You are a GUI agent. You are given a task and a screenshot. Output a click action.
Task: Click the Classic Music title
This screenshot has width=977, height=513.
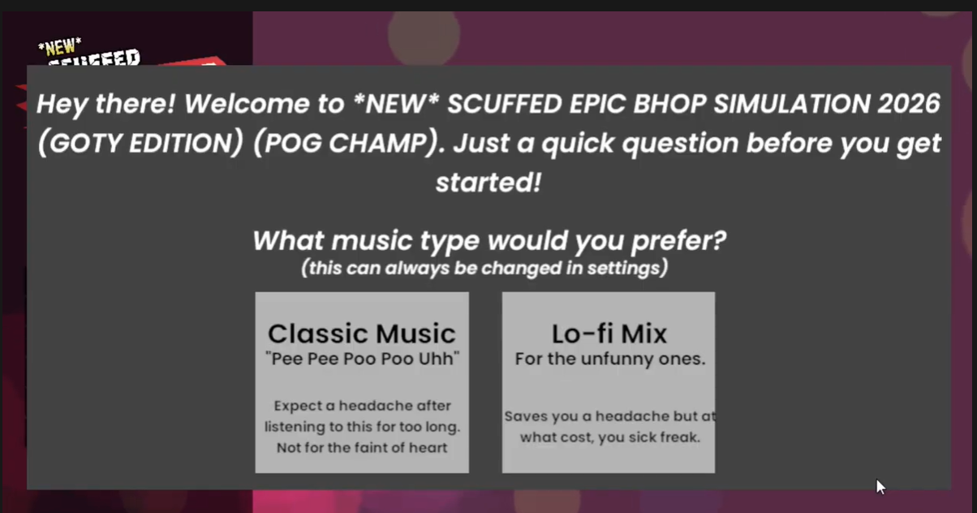362,334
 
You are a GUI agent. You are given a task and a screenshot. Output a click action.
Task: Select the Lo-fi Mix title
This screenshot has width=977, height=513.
609,334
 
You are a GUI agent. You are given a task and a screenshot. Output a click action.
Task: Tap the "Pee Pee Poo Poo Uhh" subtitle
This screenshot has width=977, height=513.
362,359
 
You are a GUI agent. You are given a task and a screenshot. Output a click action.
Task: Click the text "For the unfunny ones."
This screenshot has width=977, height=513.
610,359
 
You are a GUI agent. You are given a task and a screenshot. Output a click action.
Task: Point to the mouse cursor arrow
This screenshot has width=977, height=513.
880,487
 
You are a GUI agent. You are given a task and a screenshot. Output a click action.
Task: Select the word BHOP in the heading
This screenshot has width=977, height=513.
669,104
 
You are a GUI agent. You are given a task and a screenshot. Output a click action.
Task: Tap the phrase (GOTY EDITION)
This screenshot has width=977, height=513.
140,143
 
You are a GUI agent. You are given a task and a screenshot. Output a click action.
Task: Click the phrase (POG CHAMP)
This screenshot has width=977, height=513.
346,143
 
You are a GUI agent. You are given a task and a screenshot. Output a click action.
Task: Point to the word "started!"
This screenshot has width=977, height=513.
488,183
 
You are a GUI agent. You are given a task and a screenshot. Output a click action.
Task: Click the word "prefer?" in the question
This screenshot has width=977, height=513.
678,241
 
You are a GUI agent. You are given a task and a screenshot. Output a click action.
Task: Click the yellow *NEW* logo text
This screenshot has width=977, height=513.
60,47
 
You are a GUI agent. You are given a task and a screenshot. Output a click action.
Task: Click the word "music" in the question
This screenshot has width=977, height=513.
372,241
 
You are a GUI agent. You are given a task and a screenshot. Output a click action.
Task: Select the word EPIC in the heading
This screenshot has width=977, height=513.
597,104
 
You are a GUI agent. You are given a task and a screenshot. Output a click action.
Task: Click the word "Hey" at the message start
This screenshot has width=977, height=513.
62,105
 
